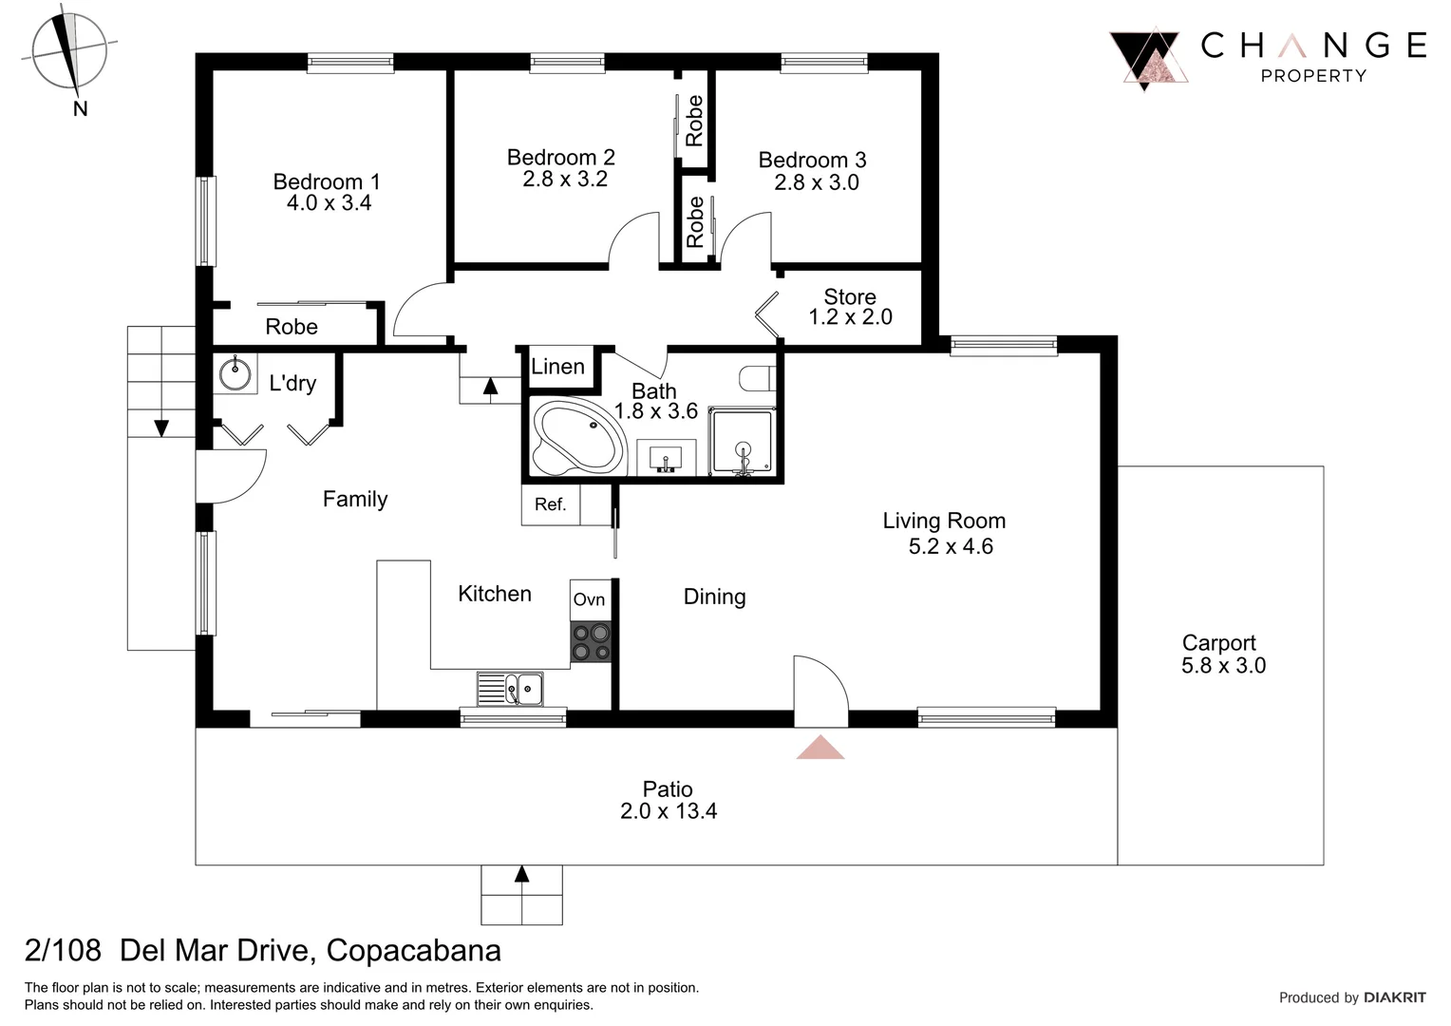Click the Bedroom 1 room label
click(327, 181)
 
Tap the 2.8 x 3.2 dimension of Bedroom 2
click(564, 180)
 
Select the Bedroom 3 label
click(812, 160)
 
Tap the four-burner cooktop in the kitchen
click(590, 641)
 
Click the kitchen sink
click(511, 689)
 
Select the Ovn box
click(589, 599)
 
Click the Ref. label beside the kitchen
click(550, 504)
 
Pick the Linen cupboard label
click(557, 367)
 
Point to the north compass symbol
click(68, 52)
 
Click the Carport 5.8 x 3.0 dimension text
click(1223, 666)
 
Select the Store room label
click(849, 296)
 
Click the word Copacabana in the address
click(413, 950)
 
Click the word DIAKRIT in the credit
click(1394, 997)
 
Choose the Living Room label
click(944, 521)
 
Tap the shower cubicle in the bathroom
click(744, 444)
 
